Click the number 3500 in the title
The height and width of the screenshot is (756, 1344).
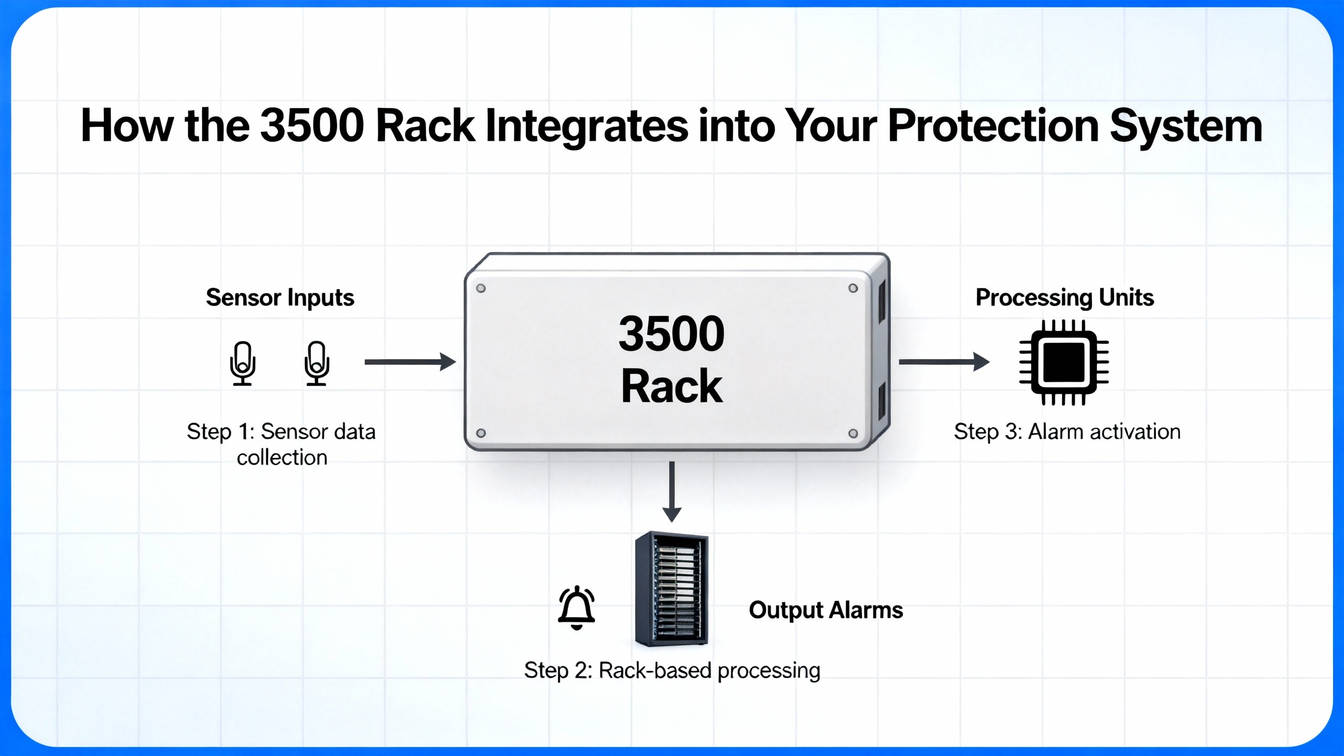point(312,126)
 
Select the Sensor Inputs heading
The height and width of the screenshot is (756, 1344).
point(280,298)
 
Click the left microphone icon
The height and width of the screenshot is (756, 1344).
point(243,363)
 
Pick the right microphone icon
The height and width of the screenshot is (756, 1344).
point(317,363)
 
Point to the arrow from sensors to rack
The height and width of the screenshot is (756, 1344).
point(409,362)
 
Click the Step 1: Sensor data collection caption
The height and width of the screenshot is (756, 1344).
point(281,444)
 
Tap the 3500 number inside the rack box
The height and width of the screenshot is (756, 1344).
point(671,334)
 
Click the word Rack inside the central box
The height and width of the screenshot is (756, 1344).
point(671,386)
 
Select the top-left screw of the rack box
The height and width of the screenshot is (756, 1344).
point(480,288)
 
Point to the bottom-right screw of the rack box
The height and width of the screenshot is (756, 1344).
point(853,433)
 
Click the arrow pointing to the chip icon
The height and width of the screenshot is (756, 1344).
point(943,362)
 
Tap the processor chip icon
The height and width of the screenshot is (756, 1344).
point(1064,362)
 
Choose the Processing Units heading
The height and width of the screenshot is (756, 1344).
point(1064,298)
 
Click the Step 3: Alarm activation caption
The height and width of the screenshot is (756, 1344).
point(1067,432)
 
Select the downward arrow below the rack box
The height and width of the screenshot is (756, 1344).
point(671,491)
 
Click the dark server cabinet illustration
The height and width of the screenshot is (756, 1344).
point(671,589)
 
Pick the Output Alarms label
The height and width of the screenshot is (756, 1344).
point(825,610)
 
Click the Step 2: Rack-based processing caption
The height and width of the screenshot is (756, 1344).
point(672,670)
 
